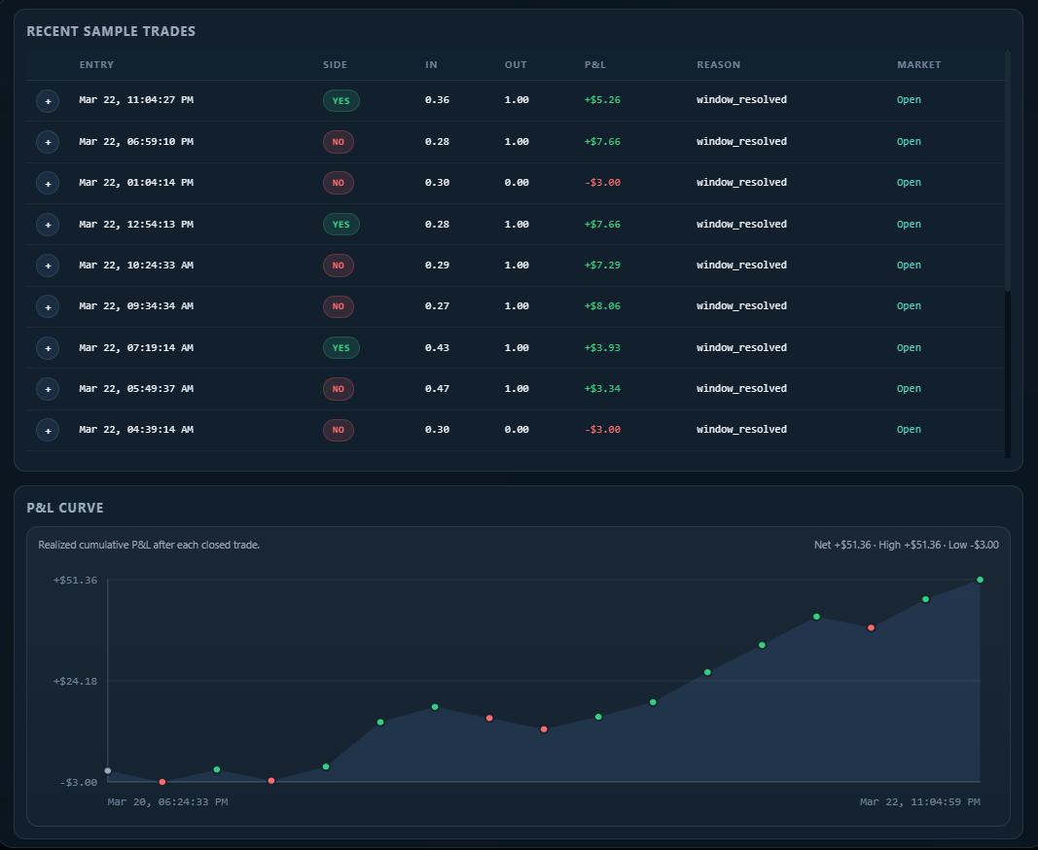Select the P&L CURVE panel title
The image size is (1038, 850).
pyautogui.click(x=65, y=508)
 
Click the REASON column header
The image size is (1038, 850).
pyautogui.click(x=718, y=65)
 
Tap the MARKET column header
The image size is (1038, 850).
pyautogui.click(x=918, y=65)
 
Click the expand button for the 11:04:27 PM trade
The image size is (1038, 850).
pyautogui.click(x=48, y=100)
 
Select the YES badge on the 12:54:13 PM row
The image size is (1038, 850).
pyautogui.click(x=340, y=225)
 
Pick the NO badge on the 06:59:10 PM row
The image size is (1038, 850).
pyautogui.click(x=338, y=142)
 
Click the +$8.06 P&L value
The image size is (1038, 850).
pyautogui.click(x=604, y=306)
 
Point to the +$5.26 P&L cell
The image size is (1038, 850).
pyautogui.click(x=604, y=100)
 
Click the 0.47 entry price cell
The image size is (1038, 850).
pyautogui.click(x=437, y=389)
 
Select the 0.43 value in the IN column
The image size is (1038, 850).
pyautogui.click(x=437, y=348)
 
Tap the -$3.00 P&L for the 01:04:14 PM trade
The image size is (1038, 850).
pyautogui.click(x=604, y=183)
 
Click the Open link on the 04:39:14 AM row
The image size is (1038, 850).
pyautogui.click(x=909, y=430)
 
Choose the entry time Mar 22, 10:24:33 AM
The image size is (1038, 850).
pyautogui.click(x=136, y=266)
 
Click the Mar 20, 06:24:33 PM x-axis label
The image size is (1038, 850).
pyautogui.click(x=167, y=802)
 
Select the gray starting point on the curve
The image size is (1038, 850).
pyautogui.click(x=108, y=771)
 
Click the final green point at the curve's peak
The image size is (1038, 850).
pyautogui.click(x=980, y=580)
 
